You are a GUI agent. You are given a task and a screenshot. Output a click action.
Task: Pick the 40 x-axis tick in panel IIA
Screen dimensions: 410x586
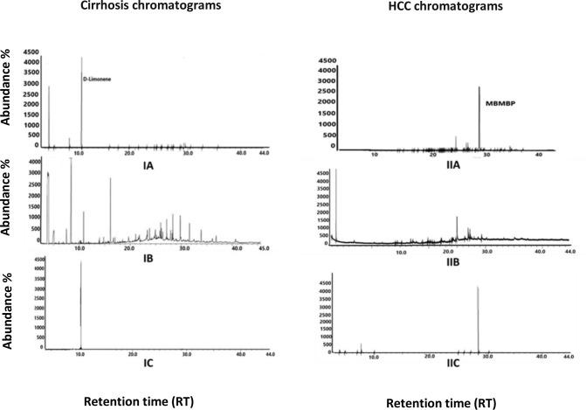[x=540, y=155]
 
